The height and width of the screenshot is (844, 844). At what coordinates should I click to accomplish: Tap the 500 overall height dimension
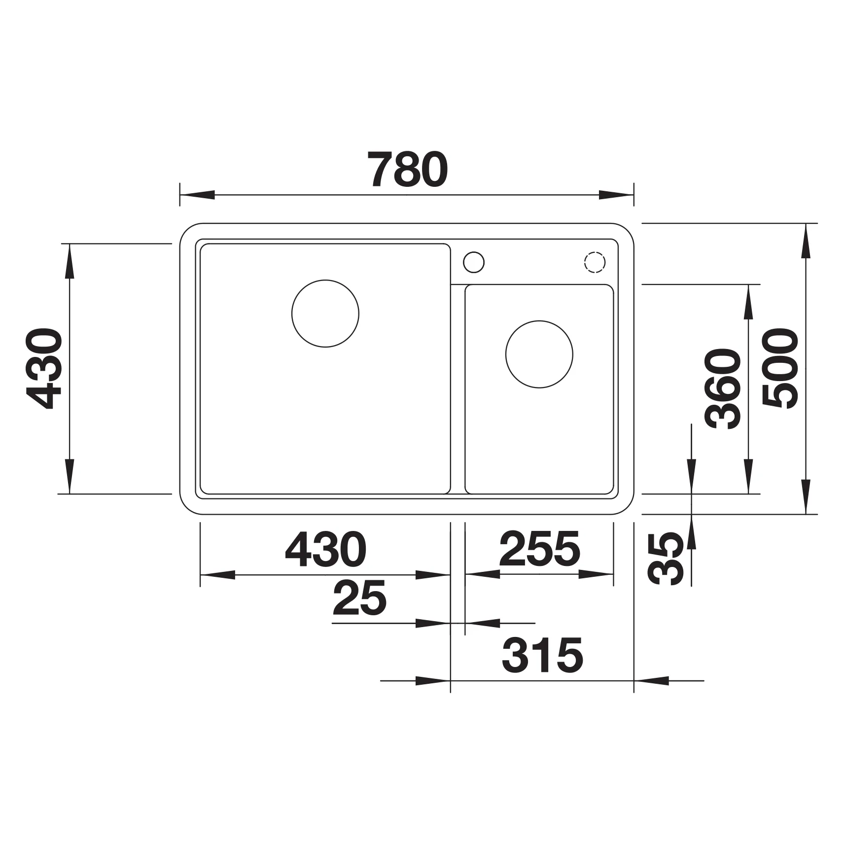(x=780, y=369)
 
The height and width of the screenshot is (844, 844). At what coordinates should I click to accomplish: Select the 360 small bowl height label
(x=723, y=388)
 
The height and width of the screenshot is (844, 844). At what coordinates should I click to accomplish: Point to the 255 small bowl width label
(x=540, y=549)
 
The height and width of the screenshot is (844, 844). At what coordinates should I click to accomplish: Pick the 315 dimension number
(x=542, y=655)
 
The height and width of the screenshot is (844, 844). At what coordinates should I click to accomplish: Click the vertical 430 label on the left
(x=44, y=369)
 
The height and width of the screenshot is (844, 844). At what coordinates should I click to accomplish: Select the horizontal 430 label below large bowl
(x=325, y=549)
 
